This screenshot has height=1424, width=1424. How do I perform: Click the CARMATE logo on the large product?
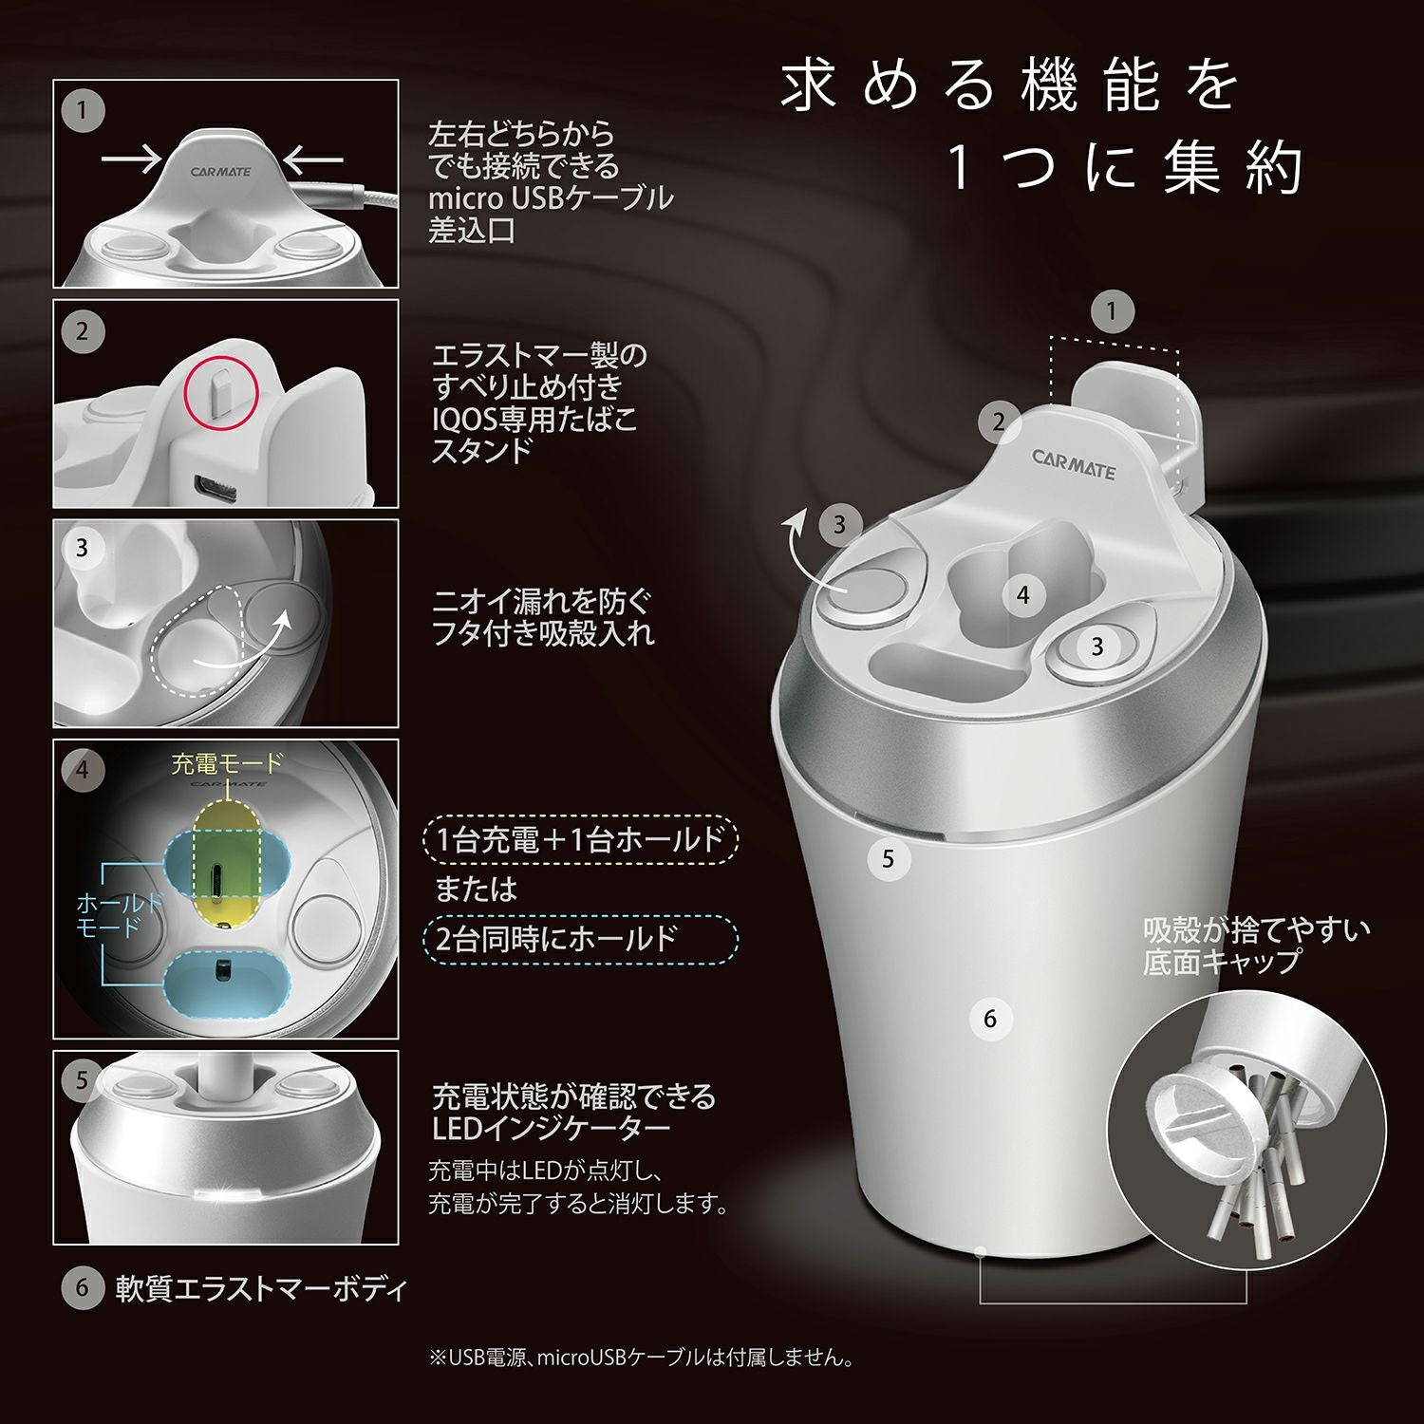[1074, 464]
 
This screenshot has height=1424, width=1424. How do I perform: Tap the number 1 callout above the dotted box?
[1112, 310]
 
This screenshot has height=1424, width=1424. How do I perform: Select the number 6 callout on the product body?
[989, 1019]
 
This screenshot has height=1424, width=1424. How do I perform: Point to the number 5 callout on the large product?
[888, 859]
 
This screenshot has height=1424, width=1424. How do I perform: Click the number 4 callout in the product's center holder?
[1022, 595]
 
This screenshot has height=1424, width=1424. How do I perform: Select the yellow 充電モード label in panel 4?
[227, 763]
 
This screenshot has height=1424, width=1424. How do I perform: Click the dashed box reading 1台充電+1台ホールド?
[579, 839]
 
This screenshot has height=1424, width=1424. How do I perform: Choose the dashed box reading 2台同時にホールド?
[579, 940]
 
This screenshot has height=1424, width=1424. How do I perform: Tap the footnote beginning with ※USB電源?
[642, 1358]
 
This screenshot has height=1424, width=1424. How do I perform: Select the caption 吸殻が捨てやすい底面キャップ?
[1255, 945]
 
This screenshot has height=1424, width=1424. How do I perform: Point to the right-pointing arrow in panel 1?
[132, 159]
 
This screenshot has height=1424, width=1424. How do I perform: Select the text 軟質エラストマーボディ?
[261, 1288]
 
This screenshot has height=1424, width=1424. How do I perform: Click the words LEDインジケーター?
[551, 1128]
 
